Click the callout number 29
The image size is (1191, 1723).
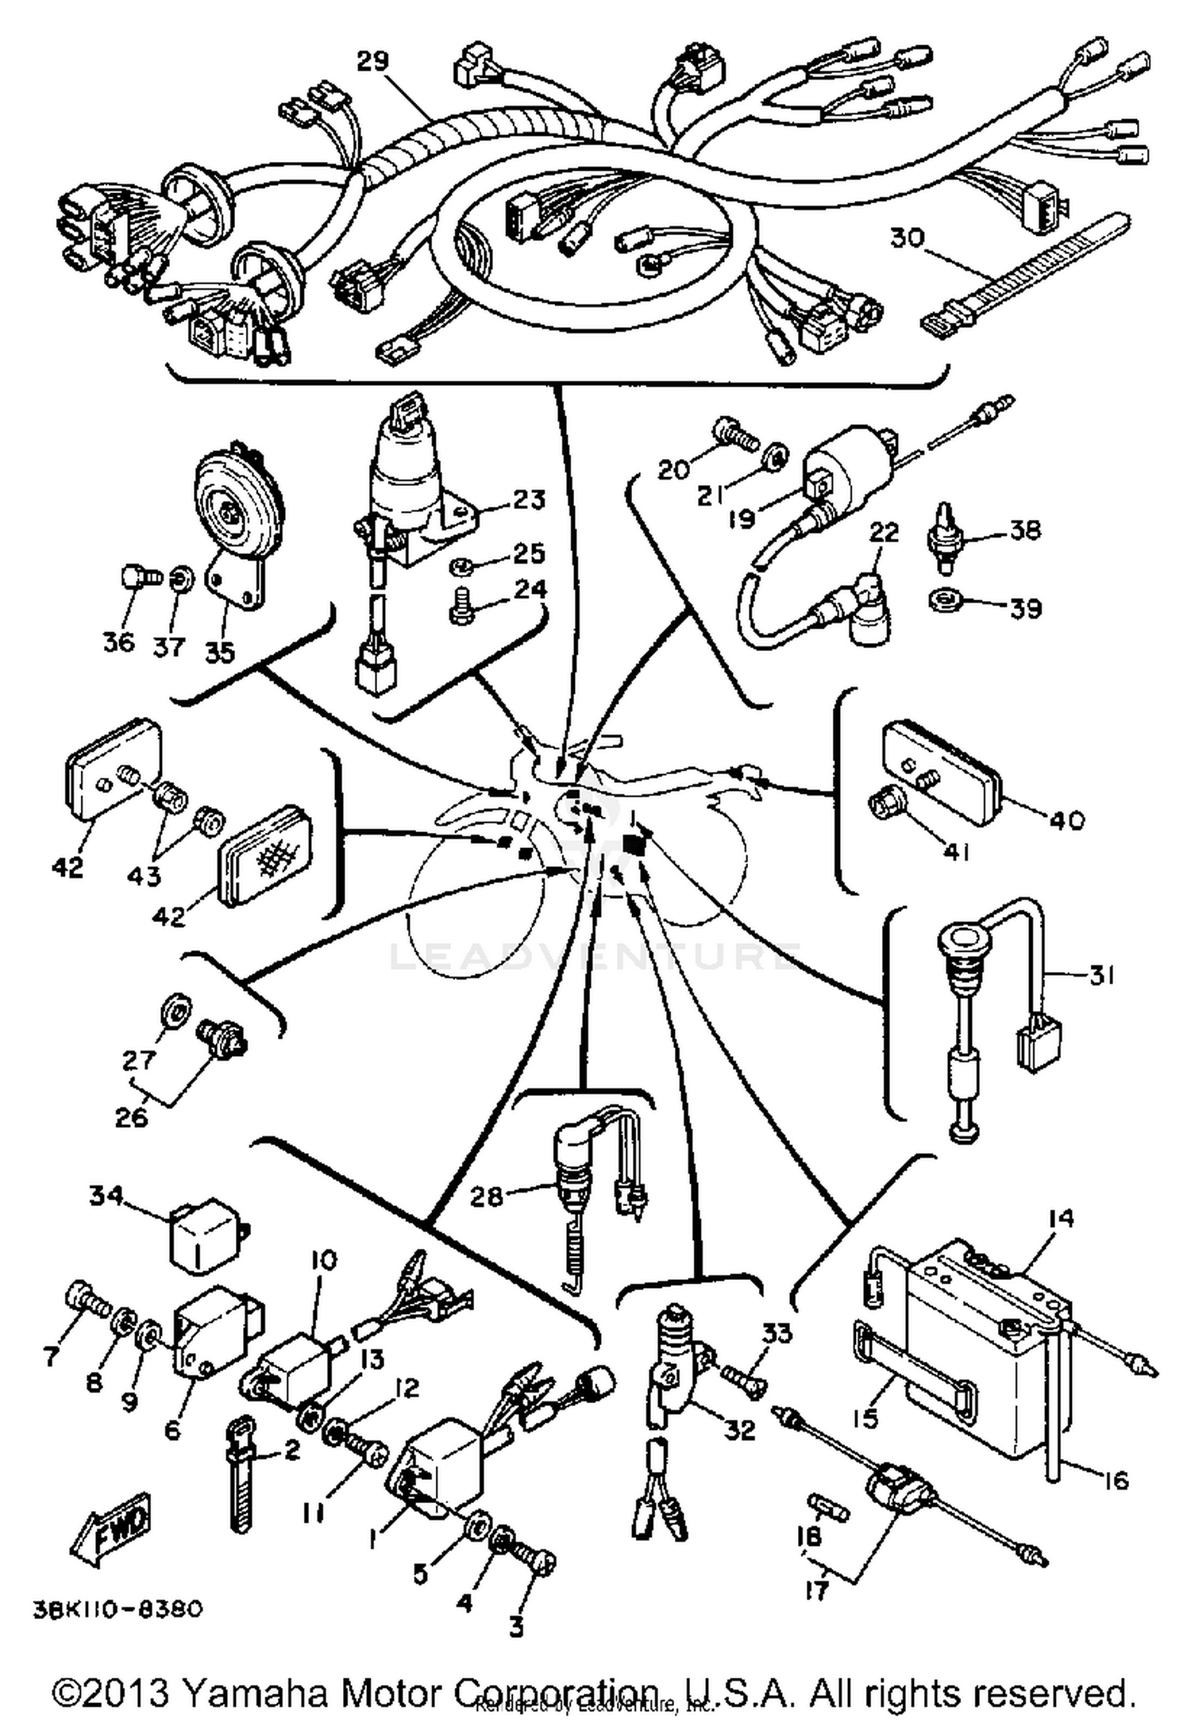pyautogui.click(x=372, y=62)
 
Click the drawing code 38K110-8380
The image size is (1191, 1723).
pyautogui.click(x=118, y=1609)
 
